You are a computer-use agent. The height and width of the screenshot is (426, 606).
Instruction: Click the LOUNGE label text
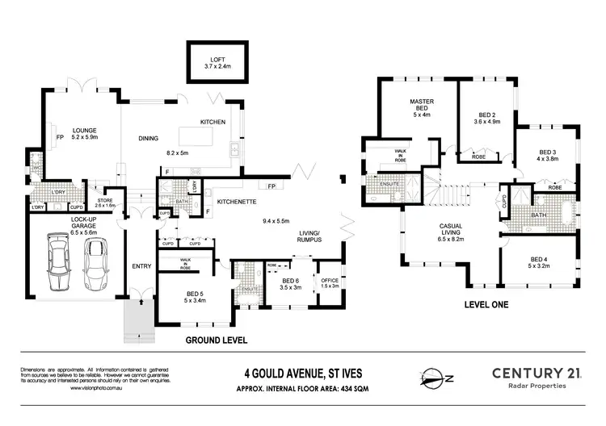click(x=85, y=129)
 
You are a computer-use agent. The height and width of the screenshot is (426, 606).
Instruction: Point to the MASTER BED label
click(x=420, y=106)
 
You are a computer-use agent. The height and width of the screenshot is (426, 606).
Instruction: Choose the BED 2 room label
click(x=486, y=115)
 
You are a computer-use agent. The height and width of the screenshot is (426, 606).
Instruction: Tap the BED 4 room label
click(x=538, y=259)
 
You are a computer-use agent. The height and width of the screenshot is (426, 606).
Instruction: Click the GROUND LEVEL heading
click(x=216, y=340)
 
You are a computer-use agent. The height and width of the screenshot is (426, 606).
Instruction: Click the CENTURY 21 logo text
click(x=541, y=372)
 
